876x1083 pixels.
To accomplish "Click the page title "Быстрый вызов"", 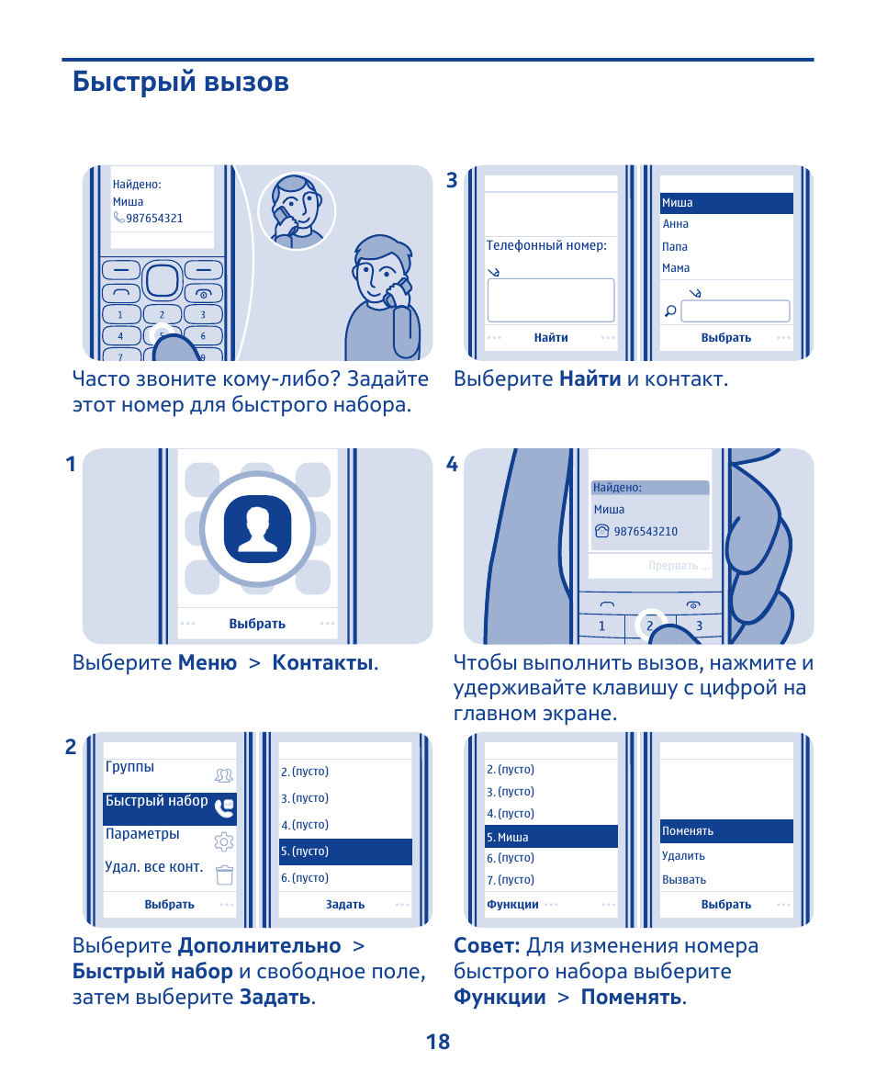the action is click(180, 82).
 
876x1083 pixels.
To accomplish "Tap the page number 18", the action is click(438, 1042).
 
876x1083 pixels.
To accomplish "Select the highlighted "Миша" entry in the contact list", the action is click(726, 203).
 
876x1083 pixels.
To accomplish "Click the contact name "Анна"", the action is click(675, 224).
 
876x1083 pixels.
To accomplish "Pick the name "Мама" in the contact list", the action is click(676, 268).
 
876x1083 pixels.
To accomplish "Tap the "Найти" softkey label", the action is click(551, 338).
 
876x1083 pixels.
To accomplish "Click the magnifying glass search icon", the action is click(669, 310).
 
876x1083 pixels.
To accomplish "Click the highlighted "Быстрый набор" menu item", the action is click(170, 808).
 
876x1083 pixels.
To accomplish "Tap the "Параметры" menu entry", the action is click(142, 834).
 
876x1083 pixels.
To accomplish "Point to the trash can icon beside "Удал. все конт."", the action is click(224, 875).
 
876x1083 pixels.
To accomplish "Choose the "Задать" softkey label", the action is click(345, 905).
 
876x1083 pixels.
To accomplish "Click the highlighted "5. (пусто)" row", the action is click(345, 852).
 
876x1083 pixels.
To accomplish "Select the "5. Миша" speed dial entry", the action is click(551, 837).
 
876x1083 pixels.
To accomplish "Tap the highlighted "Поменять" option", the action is click(726, 831).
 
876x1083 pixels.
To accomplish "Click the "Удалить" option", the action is click(683, 856).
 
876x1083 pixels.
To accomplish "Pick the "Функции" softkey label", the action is click(512, 905).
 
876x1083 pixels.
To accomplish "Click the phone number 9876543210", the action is click(646, 531).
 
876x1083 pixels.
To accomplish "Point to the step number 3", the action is click(452, 180).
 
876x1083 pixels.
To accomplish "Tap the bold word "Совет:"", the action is click(487, 946).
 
